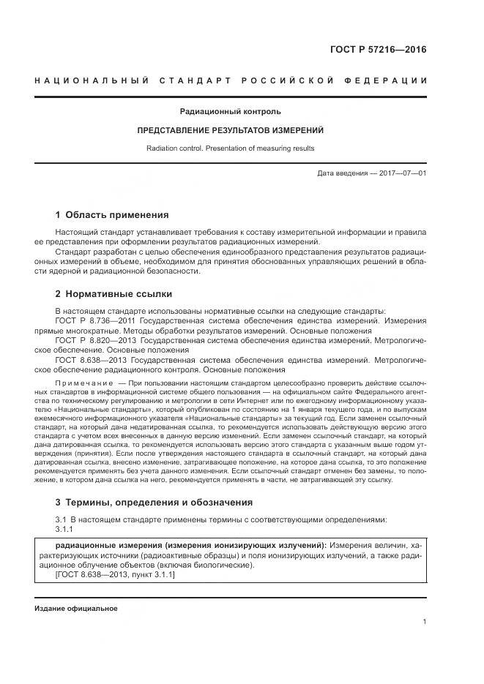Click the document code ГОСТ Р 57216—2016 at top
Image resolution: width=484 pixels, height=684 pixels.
pyautogui.click(x=381, y=50)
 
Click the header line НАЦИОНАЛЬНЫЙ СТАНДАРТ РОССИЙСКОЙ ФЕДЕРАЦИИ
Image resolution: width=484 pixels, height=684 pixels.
pyautogui.click(x=231, y=80)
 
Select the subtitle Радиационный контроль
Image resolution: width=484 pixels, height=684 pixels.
pyautogui.click(x=230, y=112)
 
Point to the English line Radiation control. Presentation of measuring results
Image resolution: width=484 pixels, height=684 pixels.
pyautogui.click(x=230, y=148)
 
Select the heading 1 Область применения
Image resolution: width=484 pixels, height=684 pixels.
pyautogui.click(x=112, y=215)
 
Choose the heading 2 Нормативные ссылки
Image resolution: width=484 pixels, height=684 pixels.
pyautogui.click(x=113, y=294)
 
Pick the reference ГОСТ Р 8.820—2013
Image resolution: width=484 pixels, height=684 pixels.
pyautogui.click(x=95, y=341)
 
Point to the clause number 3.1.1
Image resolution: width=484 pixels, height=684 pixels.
pyautogui.click(x=64, y=529)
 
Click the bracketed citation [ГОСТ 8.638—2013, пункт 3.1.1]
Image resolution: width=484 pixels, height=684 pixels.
pyautogui.click(x=115, y=575)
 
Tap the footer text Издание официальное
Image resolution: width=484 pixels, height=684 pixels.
pyautogui.click(x=75, y=609)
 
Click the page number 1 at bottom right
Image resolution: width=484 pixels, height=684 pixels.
pyautogui.click(x=425, y=622)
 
